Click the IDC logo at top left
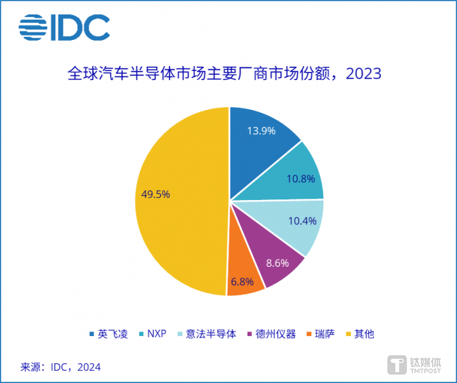coord(64,27)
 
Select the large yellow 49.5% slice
coord(178,203)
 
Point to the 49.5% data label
coord(154,194)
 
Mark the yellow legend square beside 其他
coord(348,333)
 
